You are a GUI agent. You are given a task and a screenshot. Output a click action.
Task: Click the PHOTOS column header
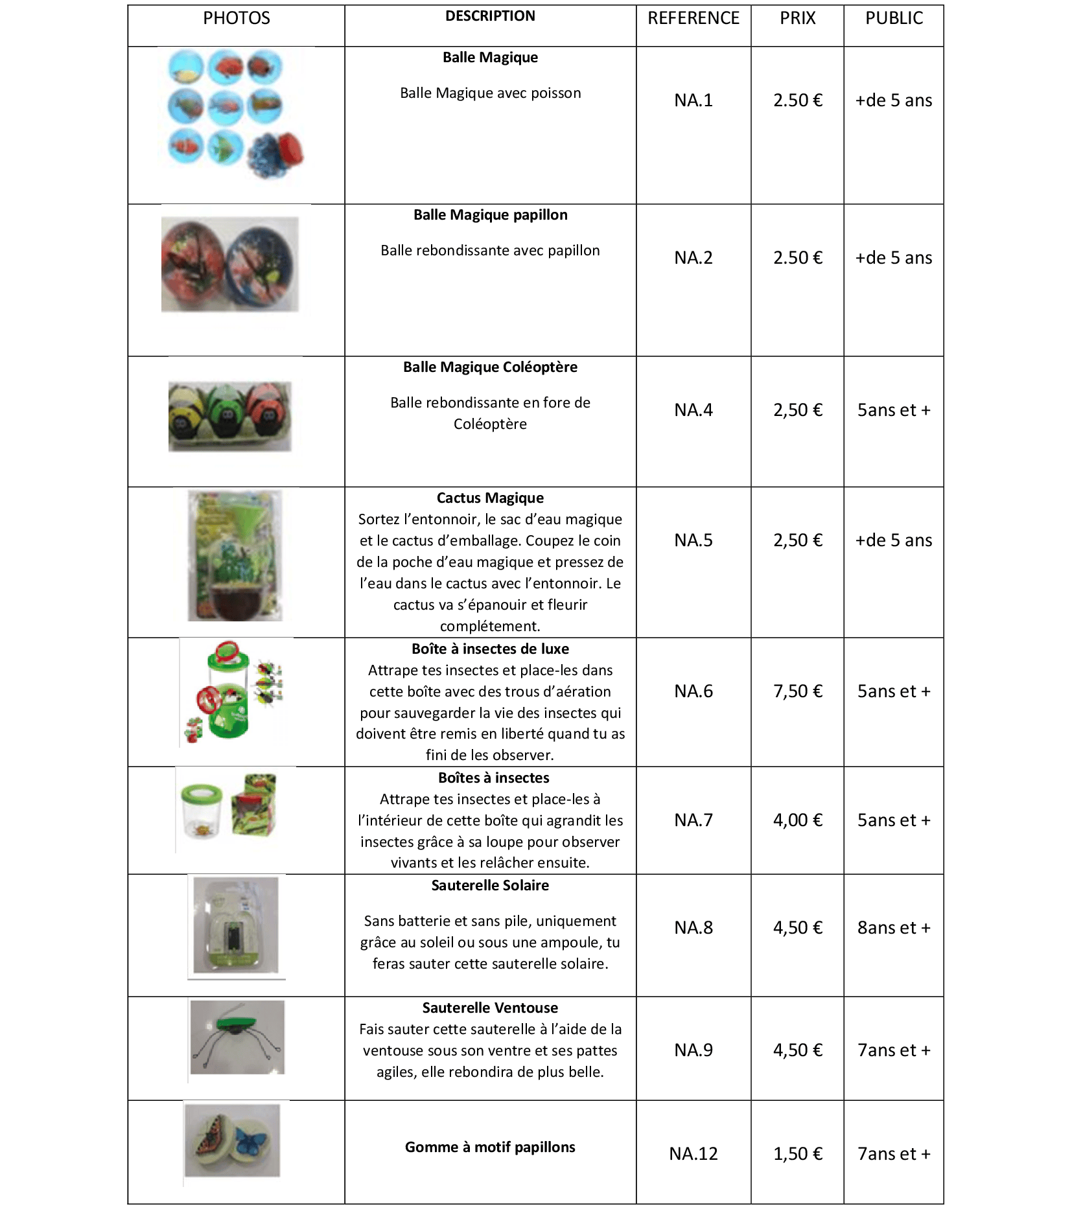point(237,18)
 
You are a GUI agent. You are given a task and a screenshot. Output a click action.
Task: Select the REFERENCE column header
point(693,18)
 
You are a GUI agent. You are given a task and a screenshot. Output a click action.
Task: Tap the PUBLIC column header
point(894,18)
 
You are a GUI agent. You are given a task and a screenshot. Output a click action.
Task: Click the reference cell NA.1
point(693,100)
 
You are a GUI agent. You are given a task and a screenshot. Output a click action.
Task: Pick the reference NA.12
point(693,1153)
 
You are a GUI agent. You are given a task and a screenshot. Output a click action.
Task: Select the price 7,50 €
point(797,691)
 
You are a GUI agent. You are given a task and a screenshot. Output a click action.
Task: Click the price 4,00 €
point(797,820)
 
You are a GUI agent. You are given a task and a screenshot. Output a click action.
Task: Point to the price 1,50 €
point(797,1153)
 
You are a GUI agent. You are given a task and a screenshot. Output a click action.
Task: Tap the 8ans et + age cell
point(894,928)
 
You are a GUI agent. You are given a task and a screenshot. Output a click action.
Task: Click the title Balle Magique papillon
point(490,215)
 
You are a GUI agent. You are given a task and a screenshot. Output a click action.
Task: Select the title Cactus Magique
point(490,498)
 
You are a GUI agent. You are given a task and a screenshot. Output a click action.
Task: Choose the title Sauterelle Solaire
point(490,886)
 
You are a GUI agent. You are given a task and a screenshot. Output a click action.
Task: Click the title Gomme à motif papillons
point(490,1147)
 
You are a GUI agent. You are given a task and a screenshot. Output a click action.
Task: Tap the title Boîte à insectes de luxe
point(490,649)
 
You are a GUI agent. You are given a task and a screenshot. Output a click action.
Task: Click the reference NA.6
point(693,691)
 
